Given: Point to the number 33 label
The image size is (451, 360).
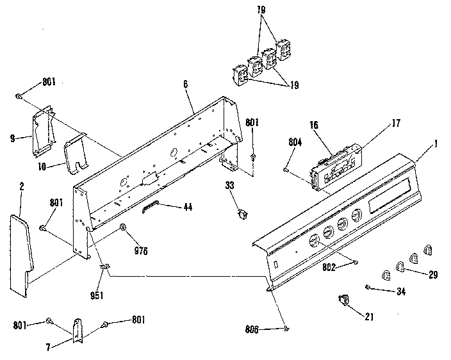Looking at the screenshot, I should (229, 186).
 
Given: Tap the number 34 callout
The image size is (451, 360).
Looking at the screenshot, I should (401, 291).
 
